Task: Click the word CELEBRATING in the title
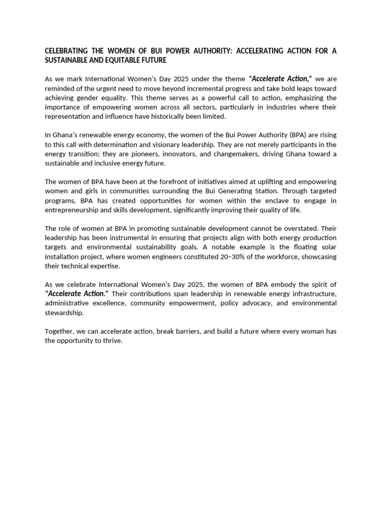click(66, 51)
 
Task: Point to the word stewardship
click(64, 313)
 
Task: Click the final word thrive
click(111, 341)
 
